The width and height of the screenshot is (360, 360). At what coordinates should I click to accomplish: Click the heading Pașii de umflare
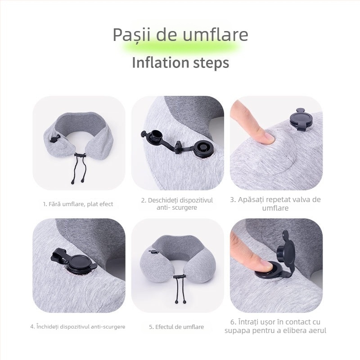180,35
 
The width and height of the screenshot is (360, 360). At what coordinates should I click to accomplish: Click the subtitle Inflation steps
180,62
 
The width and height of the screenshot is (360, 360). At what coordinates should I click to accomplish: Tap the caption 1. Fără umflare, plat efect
78,204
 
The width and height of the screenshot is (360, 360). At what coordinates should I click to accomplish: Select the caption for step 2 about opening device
177,203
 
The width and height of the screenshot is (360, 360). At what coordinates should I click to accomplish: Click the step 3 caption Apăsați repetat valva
275,203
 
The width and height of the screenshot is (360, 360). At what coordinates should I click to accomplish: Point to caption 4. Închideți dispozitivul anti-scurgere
78,326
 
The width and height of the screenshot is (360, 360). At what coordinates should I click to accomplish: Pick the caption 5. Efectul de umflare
176,327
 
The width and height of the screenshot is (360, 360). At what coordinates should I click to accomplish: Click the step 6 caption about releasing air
275,326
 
